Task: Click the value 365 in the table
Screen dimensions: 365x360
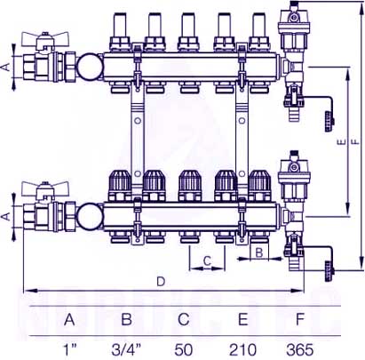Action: pos(299,349)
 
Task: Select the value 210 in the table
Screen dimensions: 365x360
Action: pos(242,349)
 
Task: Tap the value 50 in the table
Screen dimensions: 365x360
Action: pos(184,349)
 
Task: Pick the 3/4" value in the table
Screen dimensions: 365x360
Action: pos(126,349)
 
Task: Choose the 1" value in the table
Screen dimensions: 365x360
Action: pos(70,349)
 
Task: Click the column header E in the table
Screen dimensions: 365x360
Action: pos(242,319)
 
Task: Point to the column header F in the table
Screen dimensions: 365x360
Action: pos(300,319)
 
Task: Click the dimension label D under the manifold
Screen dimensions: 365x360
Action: pos(161,282)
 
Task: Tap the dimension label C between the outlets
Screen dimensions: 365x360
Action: pos(207,260)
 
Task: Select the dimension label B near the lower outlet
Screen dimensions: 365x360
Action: pos(259,252)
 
